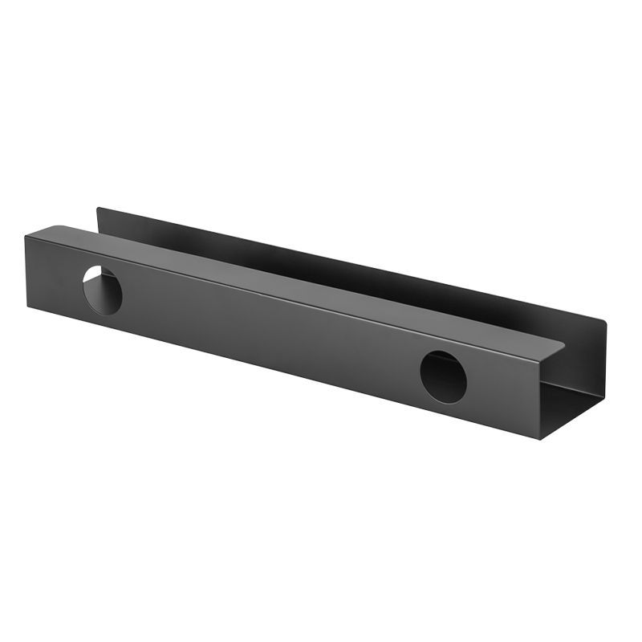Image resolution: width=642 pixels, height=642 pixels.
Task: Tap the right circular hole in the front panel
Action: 443,376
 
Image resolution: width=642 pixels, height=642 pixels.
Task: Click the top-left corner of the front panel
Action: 26,235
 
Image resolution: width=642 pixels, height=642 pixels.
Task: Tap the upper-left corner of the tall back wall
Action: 98,209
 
